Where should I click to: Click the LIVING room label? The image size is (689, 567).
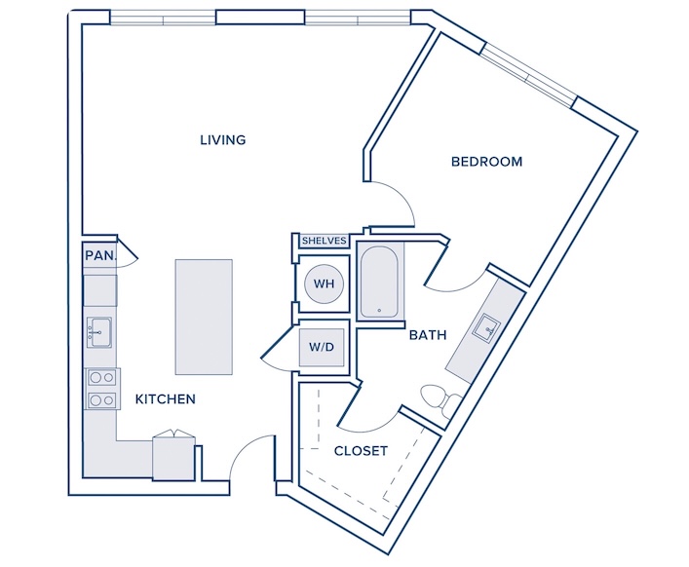pyautogui.click(x=223, y=140)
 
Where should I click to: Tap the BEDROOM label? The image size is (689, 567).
pyautogui.click(x=487, y=162)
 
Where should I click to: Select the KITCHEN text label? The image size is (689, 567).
pyautogui.click(x=166, y=399)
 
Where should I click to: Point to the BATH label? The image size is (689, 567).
pyautogui.click(x=428, y=335)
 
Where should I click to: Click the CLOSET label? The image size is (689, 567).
pyautogui.click(x=361, y=451)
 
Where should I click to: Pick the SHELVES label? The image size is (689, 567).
pyautogui.click(x=325, y=241)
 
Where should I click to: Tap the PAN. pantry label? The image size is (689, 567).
pyautogui.click(x=101, y=255)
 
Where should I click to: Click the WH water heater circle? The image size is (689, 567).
pyautogui.click(x=324, y=283)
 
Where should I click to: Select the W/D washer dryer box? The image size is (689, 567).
pyautogui.click(x=322, y=347)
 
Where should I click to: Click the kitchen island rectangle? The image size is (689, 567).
pyautogui.click(x=204, y=317)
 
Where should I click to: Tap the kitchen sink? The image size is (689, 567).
pyautogui.click(x=98, y=332)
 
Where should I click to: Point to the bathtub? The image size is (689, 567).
pyautogui.click(x=379, y=282)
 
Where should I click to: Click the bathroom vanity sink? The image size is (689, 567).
pyautogui.click(x=486, y=326)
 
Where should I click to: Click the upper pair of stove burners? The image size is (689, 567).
pyautogui.click(x=102, y=378)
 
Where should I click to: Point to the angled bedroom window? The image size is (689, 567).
pyautogui.click(x=527, y=76)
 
